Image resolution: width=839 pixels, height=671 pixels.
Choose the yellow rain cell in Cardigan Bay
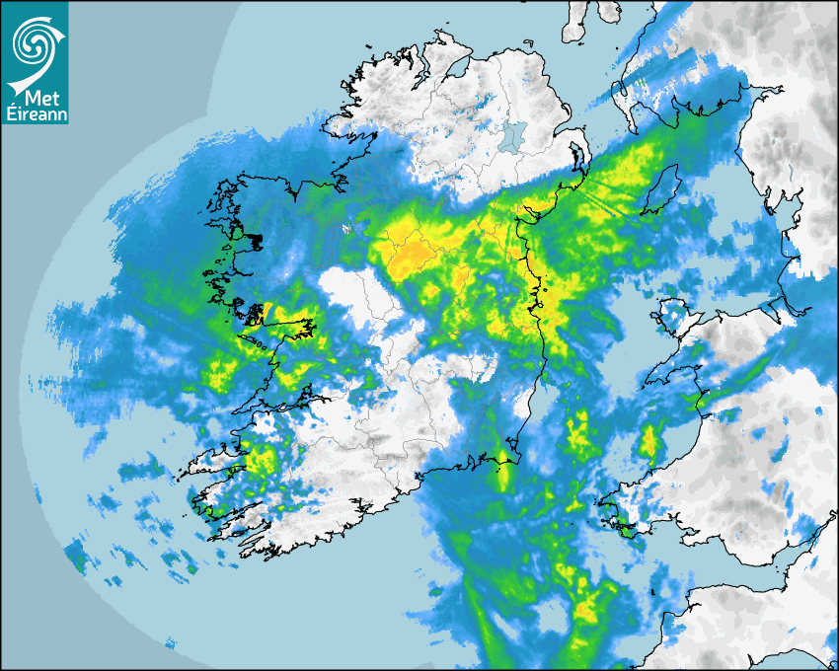pyautogui.click(x=649, y=441)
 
